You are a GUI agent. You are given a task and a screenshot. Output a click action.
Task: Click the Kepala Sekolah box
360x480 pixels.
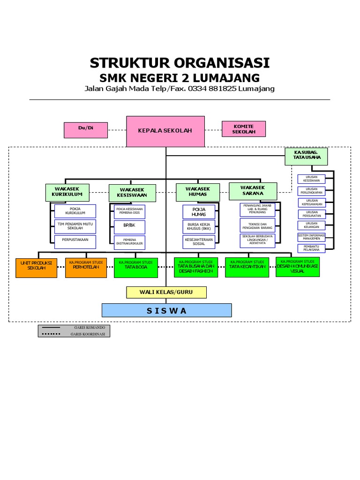tap(165, 131)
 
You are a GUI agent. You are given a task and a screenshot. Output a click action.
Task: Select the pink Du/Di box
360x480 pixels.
tap(86, 130)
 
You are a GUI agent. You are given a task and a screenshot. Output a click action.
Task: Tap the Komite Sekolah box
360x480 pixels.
tap(243, 129)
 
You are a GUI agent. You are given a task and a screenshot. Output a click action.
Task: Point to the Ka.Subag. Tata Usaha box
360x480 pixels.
tap(307, 157)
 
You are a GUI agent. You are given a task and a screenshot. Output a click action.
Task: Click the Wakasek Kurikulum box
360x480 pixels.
tap(67, 192)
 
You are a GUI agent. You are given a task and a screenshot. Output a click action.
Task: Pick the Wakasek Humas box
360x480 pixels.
tap(197, 191)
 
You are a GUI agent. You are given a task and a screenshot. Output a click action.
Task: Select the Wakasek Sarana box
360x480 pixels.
tap(253, 191)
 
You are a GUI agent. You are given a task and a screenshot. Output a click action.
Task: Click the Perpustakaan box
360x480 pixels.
tap(75, 242)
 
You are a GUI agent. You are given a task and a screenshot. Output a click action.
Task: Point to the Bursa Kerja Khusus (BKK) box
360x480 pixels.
tap(199, 227)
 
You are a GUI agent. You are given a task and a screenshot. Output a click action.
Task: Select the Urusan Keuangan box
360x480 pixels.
tap(311, 226)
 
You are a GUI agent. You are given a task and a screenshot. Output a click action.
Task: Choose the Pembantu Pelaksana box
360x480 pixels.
tap(311, 248)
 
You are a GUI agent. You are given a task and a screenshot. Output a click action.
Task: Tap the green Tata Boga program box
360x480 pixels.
tap(135, 268)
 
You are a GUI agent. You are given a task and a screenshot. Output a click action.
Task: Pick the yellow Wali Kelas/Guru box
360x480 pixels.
tap(166, 292)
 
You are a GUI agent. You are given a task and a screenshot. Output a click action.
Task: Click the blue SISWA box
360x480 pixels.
tap(166, 310)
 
